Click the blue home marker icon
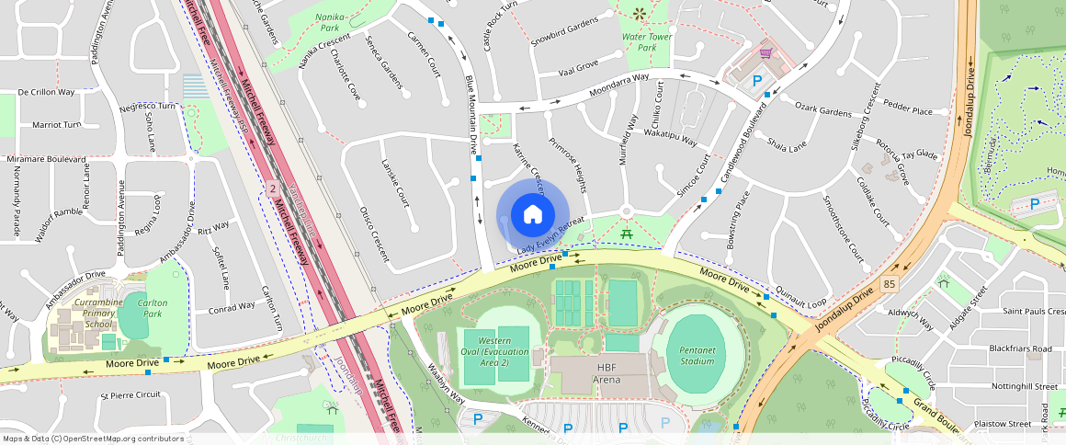click(533, 214)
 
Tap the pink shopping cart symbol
click(765, 55)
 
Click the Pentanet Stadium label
click(697, 355)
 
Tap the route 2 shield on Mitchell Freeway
click(272, 188)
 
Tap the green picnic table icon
click(627, 234)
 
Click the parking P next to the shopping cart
click(757, 81)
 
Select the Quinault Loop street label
click(801, 295)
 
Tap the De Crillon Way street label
click(46, 92)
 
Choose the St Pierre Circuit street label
click(130, 394)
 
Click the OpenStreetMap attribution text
click(93, 439)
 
